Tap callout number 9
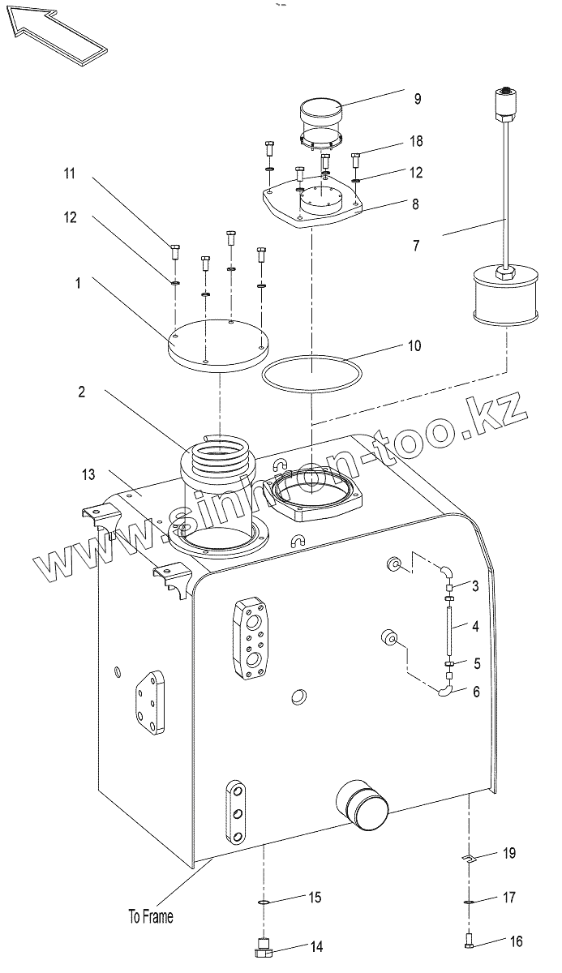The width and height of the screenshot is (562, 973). click(418, 99)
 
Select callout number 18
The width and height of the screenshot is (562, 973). click(416, 141)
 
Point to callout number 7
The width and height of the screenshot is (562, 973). click(416, 246)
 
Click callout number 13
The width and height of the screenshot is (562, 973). click(88, 474)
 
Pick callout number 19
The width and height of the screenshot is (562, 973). click(509, 853)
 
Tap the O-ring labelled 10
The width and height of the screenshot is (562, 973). click(312, 373)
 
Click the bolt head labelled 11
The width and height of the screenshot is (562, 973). click(174, 251)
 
